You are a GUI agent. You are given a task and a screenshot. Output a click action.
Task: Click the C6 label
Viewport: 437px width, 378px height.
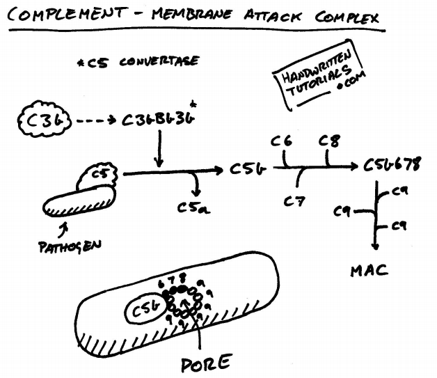click(282, 141)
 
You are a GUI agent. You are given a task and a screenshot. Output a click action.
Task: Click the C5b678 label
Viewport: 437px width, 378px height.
click(393, 167)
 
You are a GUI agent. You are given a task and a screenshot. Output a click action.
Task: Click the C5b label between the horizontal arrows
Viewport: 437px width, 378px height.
click(242, 168)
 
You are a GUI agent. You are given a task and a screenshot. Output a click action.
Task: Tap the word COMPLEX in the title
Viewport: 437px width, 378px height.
click(349, 17)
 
